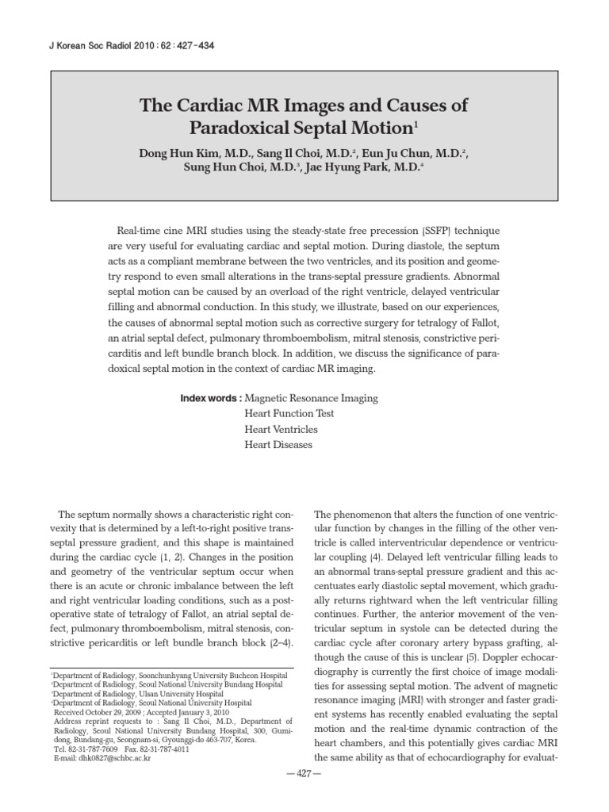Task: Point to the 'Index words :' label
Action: pyautogui.click(x=211, y=398)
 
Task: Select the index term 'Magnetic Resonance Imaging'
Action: pyautogui.click(x=312, y=398)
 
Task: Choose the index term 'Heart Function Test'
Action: pyautogui.click(x=289, y=414)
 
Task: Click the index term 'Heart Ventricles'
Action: pyautogui.click(x=282, y=429)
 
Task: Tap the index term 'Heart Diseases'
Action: pyautogui.click(x=279, y=445)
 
